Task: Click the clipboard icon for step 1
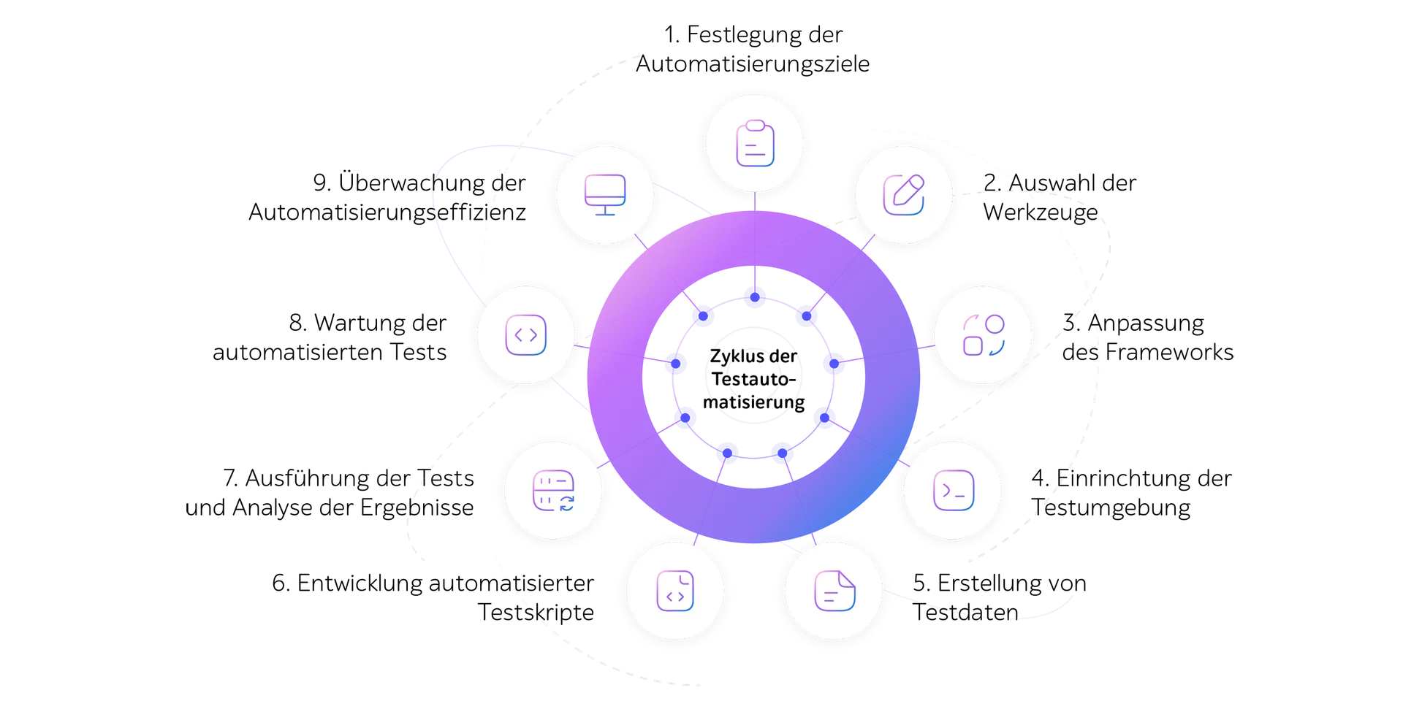coord(755,143)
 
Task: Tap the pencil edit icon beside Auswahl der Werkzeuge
coord(904,194)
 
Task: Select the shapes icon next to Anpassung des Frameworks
coord(984,335)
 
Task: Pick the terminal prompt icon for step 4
coord(954,490)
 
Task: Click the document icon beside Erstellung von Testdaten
coord(834,591)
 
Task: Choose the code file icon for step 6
coord(675,591)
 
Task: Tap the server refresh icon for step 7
coord(554,491)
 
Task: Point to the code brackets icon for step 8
coord(526,335)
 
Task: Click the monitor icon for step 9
coord(605,194)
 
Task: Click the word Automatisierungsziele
coord(753,64)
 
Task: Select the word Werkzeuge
coord(1041,212)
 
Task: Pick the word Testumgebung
coord(1111,507)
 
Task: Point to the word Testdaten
coord(965,612)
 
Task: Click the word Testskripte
coord(536,612)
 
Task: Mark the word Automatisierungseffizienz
coord(387,212)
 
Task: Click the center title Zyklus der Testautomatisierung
coord(753,379)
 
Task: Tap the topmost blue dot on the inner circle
coord(755,297)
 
